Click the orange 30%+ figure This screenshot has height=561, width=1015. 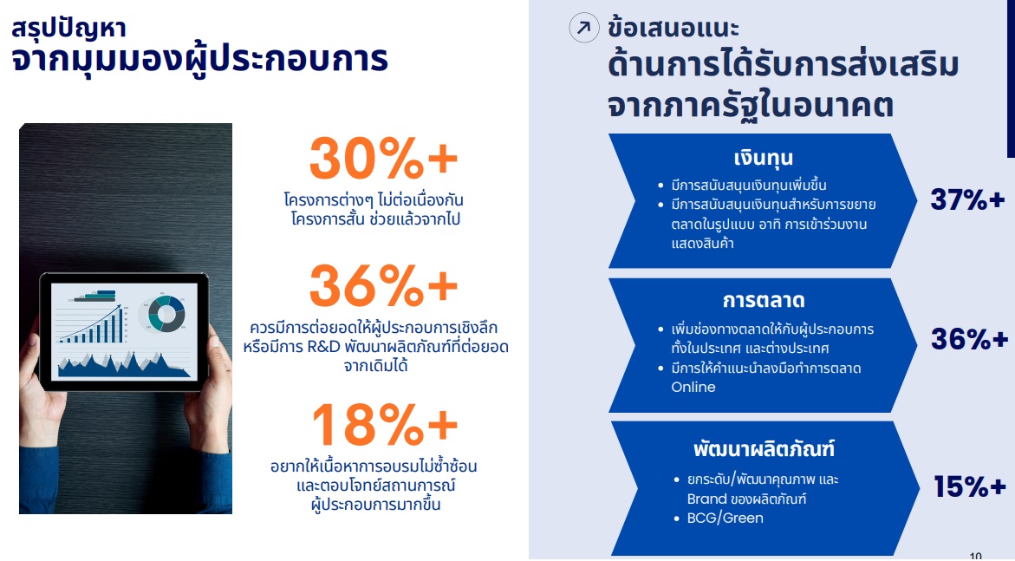(383, 159)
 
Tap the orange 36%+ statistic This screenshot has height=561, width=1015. (383, 285)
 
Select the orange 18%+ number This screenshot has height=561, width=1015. (385, 424)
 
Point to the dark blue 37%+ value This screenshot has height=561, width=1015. (967, 199)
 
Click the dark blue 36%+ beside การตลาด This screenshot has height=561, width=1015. (969, 339)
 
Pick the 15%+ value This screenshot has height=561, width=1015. (970, 486)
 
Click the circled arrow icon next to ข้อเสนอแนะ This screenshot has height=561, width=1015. (584, 27)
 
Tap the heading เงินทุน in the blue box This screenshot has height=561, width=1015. (763, 158)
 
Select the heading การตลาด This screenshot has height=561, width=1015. (763, 301)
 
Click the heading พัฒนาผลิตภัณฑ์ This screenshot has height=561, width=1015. (764, 448)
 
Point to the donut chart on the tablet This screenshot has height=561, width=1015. (166, 314)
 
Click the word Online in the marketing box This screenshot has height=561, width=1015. (693, 387)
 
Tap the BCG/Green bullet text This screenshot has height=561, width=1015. (725, 519)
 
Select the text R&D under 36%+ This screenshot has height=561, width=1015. (323, 347)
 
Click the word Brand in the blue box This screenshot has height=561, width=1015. (707, 499)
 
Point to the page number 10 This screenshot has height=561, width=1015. (975, 556)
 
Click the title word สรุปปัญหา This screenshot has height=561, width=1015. (68, 29)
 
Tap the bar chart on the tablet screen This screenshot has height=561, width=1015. (92, 324)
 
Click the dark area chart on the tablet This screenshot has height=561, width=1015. (124, 365)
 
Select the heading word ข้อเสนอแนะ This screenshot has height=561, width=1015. (673, 27)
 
